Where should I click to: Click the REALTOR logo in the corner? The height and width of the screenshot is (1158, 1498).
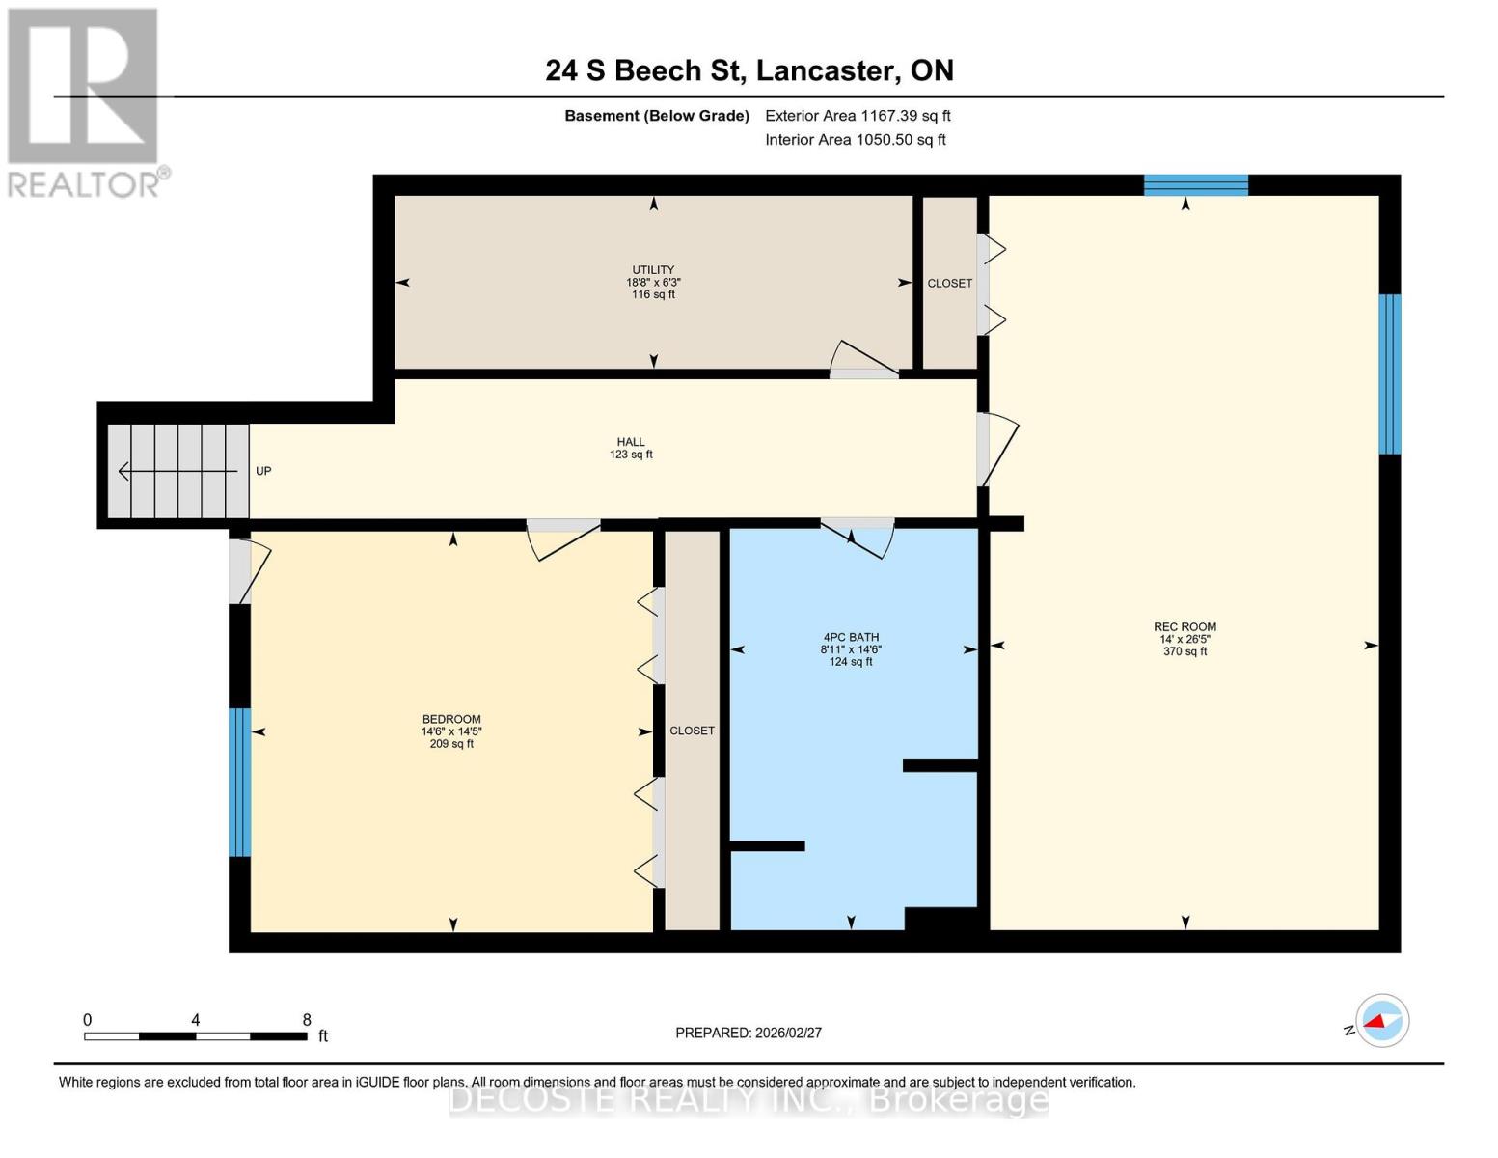tap(84, 101)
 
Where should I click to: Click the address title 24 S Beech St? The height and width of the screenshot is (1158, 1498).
tap(749, 70)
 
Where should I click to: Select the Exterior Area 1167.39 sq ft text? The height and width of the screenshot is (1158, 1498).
tap(858, 116)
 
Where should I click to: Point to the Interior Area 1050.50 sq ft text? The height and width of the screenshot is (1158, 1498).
tap(855, 140)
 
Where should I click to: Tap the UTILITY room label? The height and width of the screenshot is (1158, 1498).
tap(653, 270)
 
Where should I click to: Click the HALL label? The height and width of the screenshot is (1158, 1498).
tap(631, 442)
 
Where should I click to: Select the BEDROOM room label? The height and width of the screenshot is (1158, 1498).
tap(451, 719)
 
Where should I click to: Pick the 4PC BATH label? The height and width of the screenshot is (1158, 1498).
tap(851, 637)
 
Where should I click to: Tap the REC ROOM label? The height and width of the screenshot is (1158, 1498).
tap(1185, 627)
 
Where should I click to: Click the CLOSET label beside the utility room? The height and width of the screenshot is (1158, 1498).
tap(950, 284)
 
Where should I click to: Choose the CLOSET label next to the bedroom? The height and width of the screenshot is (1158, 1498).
tap(693, 731)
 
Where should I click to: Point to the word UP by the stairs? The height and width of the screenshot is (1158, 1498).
tap(263, 471)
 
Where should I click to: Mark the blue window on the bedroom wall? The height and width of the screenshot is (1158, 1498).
tap(239, 783)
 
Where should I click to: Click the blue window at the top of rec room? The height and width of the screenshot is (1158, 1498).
tap(1195, 185)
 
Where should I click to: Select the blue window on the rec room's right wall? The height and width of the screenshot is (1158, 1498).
tap(1389, 374)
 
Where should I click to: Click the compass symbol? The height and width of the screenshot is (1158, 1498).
tap(1381, 1020)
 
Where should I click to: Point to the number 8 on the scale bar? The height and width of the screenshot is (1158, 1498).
tap(307, 1020)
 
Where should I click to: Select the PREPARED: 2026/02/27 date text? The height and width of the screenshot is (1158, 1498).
tap(749, 1033)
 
